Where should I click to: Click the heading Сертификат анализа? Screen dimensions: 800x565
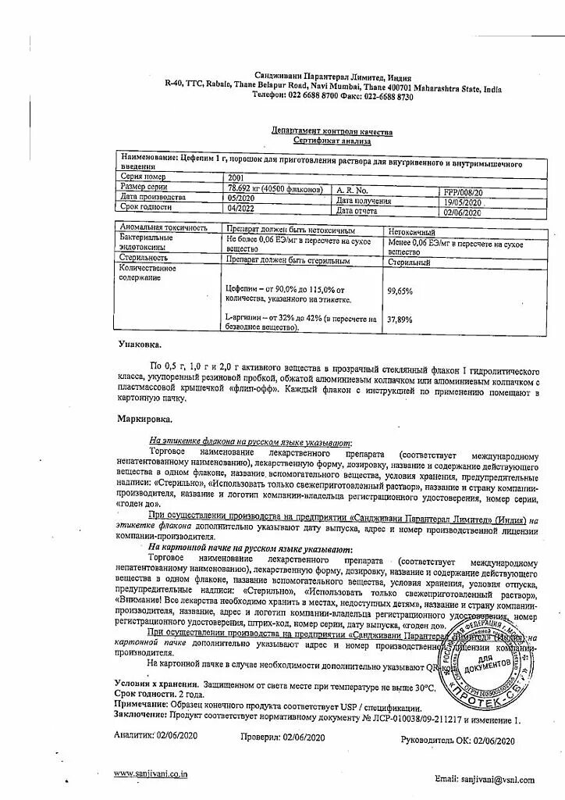tap(332, 141)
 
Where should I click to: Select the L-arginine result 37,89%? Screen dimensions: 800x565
tap(400, 319)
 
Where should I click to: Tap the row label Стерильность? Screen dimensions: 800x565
tap(144, 257)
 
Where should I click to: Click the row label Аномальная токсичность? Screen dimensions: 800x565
tap(164, 228)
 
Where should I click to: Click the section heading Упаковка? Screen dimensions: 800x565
tap(140, 344)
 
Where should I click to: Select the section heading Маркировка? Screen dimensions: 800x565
tap(144, 420)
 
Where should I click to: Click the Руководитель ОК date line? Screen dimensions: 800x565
tap(457, 740)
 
